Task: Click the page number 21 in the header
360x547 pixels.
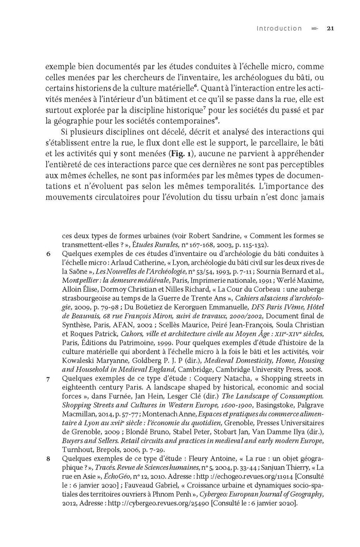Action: (331, 29)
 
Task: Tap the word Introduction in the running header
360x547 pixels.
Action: (279, 29)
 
